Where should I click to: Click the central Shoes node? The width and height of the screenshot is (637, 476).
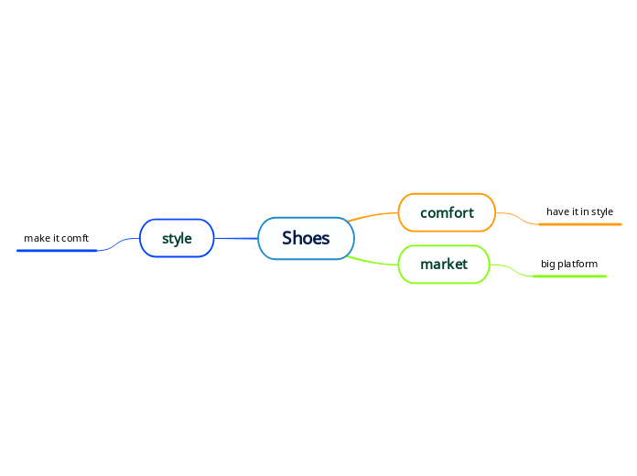(306, 238)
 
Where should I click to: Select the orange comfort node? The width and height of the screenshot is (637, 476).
(447, 212)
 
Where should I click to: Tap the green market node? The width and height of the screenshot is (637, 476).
(444, 265)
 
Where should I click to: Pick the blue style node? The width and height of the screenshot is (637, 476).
(177, 238)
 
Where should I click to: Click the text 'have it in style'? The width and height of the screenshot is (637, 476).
(579, 211)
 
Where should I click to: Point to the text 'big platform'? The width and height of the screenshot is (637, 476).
(568, 264)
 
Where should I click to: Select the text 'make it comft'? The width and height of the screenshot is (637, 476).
(56, 238)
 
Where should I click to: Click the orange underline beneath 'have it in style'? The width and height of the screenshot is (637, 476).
(580, 223)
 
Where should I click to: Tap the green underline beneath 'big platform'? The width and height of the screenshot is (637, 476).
(569, 276)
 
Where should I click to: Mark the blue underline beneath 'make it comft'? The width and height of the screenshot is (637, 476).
(57, 250)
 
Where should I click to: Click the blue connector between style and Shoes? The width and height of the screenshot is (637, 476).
(236, 238)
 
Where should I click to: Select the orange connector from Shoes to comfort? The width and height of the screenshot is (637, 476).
(373, 216)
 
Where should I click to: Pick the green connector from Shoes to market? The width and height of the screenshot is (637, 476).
(373, 261)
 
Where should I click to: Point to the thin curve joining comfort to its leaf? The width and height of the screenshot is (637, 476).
(518, 218)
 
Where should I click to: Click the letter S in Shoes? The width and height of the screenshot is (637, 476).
(287, 238)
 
